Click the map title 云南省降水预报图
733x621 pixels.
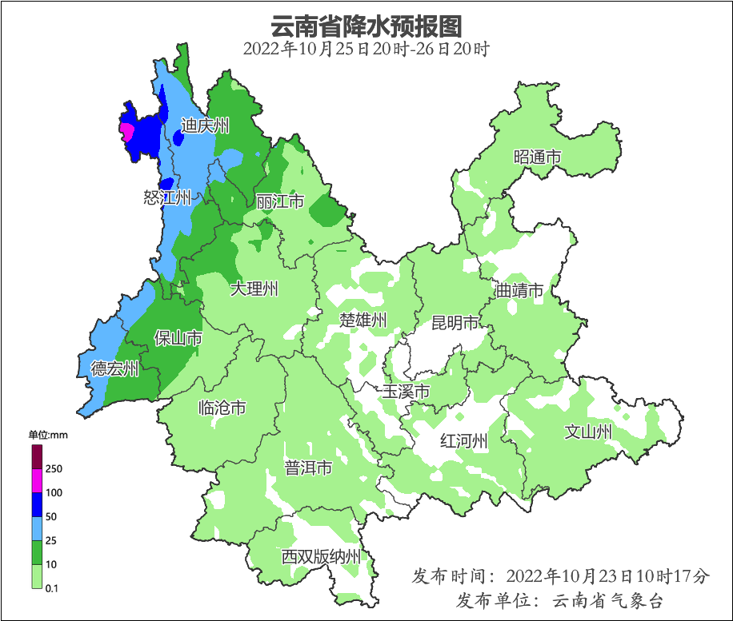[x=366, y=26]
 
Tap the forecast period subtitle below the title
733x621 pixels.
[x=366, y=49]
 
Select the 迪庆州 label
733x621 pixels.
[x=205, y=125]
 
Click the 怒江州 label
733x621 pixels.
[x=167, y=197]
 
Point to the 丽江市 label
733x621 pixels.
[x=280, y=201]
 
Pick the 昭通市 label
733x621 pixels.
[x=537, y=157]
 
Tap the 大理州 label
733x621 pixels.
[x=254, y=289]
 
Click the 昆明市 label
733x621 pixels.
[x=455, y=323]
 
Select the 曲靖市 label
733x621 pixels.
[x=519, y=289]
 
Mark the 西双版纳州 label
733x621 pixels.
[x=321, y=557]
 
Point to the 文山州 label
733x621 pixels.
[x=588, y=432]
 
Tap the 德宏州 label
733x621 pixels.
[x=114, y=368]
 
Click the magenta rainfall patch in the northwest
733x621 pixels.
[x=126, y=131]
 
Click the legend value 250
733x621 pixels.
[x=54, y=468]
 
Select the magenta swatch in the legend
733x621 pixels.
[x=37, y=480]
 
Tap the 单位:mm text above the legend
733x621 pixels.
[x=48, y=435]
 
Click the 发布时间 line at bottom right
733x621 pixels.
[x=560, y=575]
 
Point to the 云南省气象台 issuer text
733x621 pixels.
[x=607, y=600]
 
